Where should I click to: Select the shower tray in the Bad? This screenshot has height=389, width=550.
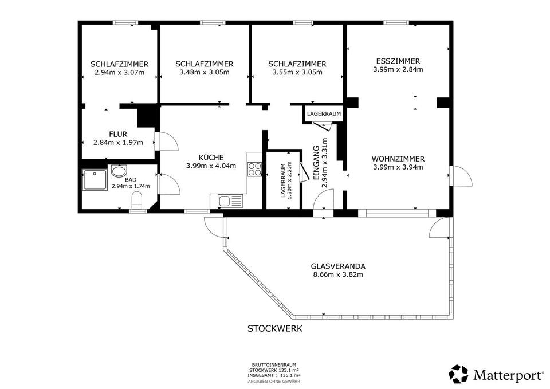click(95, 180)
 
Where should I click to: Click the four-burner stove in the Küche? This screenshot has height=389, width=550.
click(254, 169)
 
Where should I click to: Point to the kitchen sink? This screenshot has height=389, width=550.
click(230, 201)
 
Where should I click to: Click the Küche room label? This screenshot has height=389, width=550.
click(211, 158)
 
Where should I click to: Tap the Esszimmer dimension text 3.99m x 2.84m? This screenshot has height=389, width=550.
click(398, 69)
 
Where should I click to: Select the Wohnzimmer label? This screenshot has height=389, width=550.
click(398, 159)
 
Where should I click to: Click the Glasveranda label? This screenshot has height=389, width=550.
click(338, 266)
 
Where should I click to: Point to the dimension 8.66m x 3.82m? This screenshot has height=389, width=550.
click(338, 274)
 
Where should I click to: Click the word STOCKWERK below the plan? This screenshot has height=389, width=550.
click(275, 329)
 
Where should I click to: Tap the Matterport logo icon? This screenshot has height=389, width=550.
click(459, 374)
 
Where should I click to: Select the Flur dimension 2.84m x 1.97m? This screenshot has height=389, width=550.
click(118, 143)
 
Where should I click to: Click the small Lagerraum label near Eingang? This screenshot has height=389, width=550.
click(324, 114)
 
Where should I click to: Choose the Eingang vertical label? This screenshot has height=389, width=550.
click(316, 163)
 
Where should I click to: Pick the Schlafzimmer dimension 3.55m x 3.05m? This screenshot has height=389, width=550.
click(297, 73)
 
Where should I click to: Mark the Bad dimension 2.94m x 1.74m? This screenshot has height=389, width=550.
click(131, 186)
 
